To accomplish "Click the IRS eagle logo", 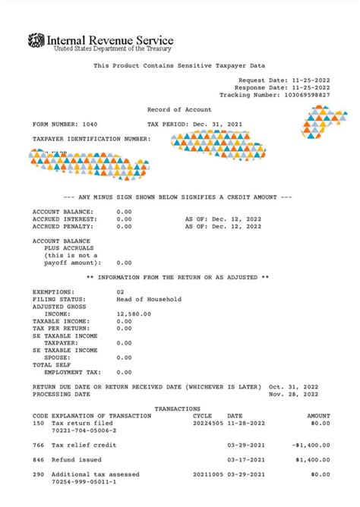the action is point(36,40).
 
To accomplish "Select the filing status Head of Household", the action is point(149,299).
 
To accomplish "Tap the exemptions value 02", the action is point(120,291).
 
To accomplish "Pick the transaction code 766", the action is point(38,445).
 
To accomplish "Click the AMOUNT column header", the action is point(318,415).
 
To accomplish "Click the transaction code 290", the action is point(38,474).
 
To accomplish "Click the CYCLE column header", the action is point(203,415).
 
